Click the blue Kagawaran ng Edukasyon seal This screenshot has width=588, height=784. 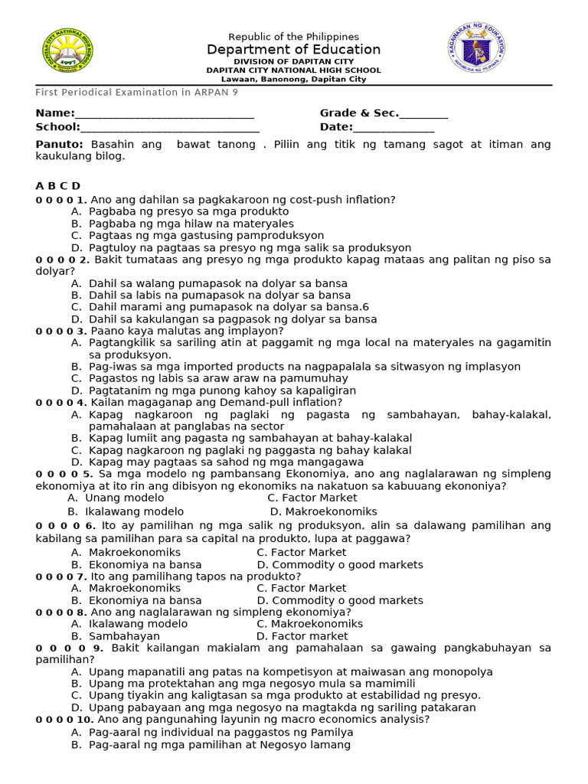[476, 51]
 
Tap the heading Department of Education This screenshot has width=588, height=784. [293, 50]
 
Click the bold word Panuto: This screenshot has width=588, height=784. [59, 144]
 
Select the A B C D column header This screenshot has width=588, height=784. [57, 186]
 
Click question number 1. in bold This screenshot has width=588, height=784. [81, 200]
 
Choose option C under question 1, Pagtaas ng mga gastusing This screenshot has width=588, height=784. [206, 236]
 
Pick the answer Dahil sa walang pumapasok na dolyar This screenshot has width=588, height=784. [218, 283]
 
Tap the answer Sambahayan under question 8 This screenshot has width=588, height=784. [124, 636]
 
